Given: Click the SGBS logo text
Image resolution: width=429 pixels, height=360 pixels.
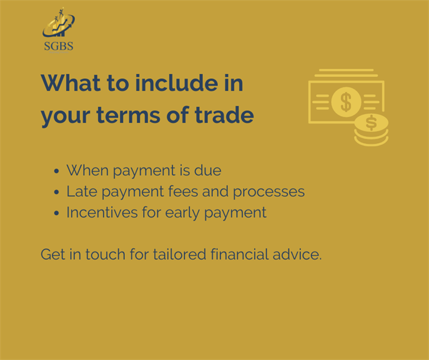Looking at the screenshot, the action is click(x=59, y=46).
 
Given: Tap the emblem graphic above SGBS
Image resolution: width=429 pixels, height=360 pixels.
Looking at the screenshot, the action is click(x=59, y=22).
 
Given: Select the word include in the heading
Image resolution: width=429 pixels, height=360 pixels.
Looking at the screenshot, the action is click(x=177, y=82).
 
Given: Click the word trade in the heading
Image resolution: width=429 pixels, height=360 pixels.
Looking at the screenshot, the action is click(x=224, y=114).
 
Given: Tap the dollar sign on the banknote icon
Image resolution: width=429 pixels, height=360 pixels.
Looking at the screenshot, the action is click(x=346, y=102).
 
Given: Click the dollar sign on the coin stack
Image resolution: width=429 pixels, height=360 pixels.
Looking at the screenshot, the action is click(x=372, y=122).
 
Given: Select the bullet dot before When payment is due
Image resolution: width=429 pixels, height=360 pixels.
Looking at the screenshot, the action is click(x=56, y=171).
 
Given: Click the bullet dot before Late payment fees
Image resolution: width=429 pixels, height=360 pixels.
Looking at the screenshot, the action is click(x=56, y=192).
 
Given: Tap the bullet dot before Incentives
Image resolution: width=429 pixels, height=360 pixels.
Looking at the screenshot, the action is click(x=56, y=213).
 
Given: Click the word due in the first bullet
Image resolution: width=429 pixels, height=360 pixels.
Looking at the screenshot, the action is click(x=208, y=170).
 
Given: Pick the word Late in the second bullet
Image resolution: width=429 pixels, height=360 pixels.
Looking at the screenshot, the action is click(x=82, y=191).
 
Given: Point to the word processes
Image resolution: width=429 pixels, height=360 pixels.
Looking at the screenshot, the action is click(x=269, y=192).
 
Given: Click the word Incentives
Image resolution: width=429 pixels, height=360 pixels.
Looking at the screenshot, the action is click(x=102, y=212).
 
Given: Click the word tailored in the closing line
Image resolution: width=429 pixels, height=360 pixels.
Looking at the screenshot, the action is click(x=179, y=254).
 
